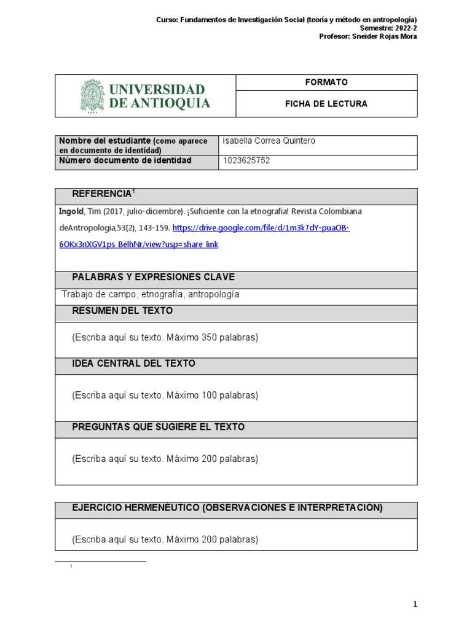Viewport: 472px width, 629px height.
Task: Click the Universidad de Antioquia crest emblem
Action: (x=92, y=96)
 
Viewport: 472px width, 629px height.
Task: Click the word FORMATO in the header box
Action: (x=326, y=82)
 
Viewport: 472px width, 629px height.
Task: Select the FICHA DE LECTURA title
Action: (x=326, y=104)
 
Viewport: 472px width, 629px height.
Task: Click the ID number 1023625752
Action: (x=247, y=161)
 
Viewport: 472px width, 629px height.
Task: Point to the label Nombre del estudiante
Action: (x=104, y=141)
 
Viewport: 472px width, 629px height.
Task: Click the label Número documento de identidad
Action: (x=125, y=161)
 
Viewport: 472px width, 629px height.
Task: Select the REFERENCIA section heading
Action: (x=102, y=194)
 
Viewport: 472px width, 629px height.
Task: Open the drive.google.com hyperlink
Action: (x=261, y=228)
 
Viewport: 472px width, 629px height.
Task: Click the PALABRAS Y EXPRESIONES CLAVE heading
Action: (x=153, y=277)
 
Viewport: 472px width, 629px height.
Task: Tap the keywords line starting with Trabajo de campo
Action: (x=151, y=295)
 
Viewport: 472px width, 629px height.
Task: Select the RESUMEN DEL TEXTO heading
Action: (x=122, y=311)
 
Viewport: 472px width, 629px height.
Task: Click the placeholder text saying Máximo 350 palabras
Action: (x=165, y=338)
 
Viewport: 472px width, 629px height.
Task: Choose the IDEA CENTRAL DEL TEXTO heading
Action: (x=133, y=364)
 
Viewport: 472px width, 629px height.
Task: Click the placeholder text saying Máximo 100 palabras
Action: (x=165, y=395)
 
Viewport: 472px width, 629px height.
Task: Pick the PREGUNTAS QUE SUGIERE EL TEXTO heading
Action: (x=158, y=427)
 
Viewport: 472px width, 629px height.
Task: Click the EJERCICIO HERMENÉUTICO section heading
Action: (x=227, y=507)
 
